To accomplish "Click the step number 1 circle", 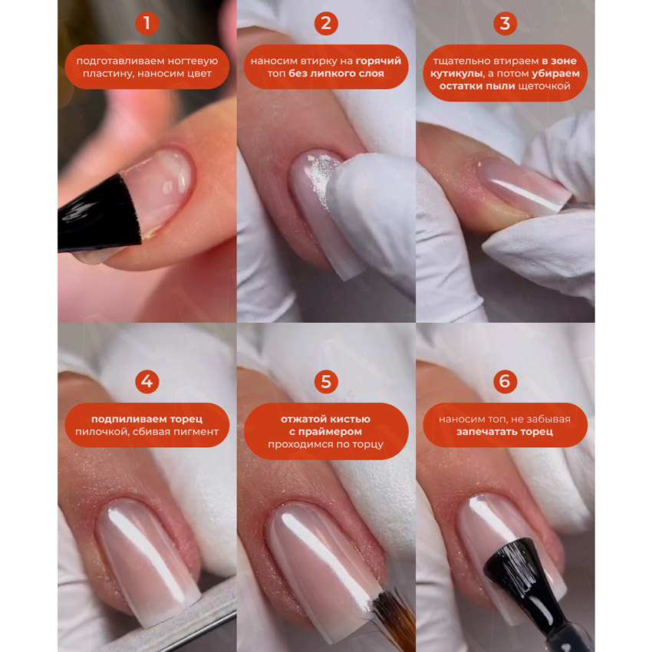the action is [147, 23].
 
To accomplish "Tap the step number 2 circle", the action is [326, 23].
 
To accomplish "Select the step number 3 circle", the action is [505, 23].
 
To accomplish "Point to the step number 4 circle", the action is [147, 381].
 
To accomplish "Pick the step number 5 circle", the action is [326, 381].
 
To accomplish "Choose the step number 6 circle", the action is [505, 381].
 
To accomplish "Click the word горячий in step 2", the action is [378, 61].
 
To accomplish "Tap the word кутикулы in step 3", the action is [456, 74].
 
